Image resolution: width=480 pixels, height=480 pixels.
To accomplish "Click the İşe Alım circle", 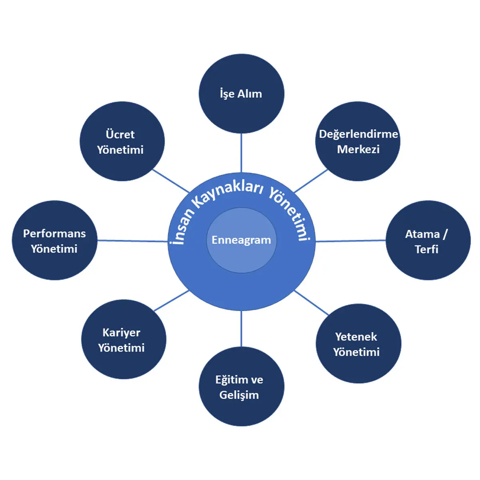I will (241, 94).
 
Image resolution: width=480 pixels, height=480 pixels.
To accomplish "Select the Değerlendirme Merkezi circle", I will (358, 141).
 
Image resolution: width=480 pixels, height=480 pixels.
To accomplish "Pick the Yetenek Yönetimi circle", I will (358, 344).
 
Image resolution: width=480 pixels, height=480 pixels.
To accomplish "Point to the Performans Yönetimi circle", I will (54, 240).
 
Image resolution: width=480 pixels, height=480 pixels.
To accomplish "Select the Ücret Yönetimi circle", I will (122, 141).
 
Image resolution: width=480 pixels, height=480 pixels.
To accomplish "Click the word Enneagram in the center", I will (241, 240).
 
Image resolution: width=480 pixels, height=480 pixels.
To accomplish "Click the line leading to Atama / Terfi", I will (350, 241).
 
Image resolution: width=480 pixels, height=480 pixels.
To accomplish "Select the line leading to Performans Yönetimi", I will (132, 241).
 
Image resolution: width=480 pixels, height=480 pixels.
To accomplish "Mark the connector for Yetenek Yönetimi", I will (311, 302).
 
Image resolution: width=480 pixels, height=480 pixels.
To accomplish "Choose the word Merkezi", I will (358, 150).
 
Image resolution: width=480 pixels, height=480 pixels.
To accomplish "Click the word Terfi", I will (426, 249).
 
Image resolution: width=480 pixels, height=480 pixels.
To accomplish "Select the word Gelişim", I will (239, 395).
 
